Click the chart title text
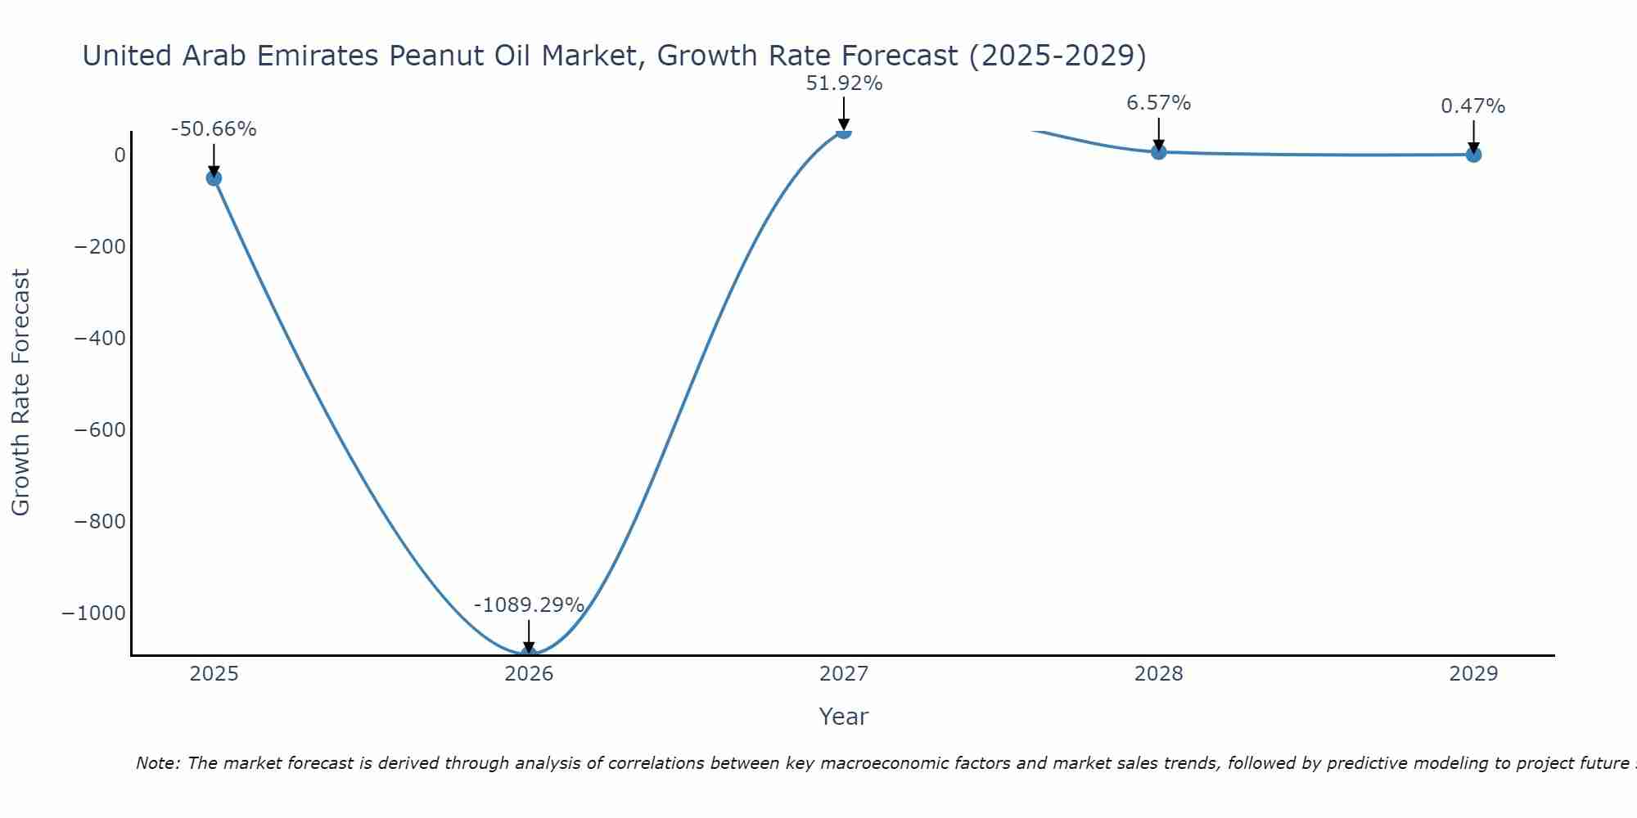point(614,56)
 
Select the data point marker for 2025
point(214,178)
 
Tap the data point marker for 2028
point(1158,151)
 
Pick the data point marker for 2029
point(1473,154)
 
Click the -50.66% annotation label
point(214,129)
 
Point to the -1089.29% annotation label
point(529,605)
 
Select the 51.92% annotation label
point(844,83)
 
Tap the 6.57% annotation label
point(1158,103)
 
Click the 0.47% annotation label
point(1472,106)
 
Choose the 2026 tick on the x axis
point(529,674)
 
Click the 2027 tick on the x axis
point(844,674)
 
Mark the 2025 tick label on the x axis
point(214,674)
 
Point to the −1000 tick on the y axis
point(94,613)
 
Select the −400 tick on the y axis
point(100,339)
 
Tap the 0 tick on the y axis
point(120,155)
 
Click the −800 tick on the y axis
point(100,522)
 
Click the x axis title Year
point(843,717)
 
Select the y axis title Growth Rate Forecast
point(20,393)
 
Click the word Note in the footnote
point(156,763)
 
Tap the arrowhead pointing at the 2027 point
point(844,124)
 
